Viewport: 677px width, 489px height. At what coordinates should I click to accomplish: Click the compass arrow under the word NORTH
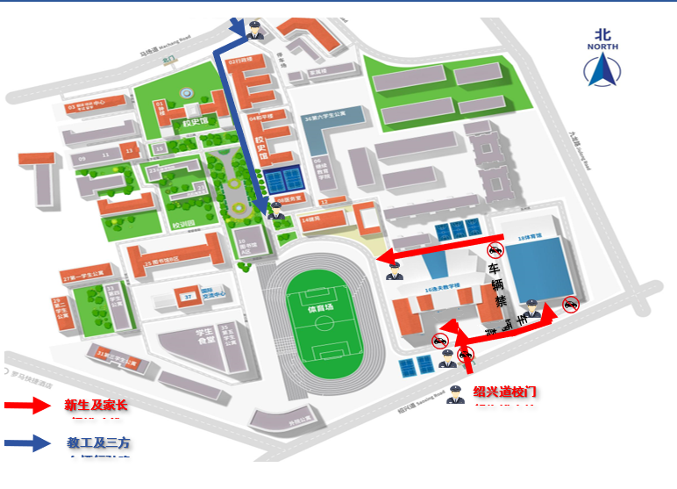(x=602, y=70)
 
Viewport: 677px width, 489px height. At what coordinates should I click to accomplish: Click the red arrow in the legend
(x=29, y=406)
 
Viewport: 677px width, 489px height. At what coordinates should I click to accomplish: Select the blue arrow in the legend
(x=29, y=443)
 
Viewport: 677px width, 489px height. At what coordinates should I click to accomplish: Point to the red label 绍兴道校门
(x=503, y=391)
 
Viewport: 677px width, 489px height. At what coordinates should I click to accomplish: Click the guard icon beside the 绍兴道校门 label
(x=454, y=394)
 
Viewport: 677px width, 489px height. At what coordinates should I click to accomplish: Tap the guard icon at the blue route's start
(x=254, y=31)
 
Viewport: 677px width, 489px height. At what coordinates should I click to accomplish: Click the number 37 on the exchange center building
(x=187, y=298)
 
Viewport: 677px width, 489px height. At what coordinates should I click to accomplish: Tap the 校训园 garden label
(x=183, y=226)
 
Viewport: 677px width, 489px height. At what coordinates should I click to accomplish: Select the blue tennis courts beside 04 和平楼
(x=283, y=182)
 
